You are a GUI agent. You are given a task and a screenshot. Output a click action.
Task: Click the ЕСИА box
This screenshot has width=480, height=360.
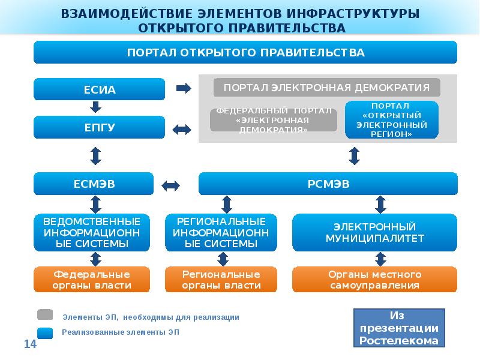[99, 89]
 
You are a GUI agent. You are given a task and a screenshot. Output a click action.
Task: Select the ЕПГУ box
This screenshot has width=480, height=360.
[99, 128]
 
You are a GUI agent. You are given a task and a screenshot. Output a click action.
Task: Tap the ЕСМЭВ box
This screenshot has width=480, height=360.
[94, 184]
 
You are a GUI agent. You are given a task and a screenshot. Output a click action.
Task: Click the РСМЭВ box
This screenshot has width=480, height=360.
[328, 184]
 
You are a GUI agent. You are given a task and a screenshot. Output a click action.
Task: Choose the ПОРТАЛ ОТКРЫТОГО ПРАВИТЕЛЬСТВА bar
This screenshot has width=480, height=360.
[245, 53]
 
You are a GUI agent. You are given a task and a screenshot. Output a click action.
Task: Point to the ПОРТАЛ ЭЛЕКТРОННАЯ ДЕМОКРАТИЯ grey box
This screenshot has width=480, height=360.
[327, 88]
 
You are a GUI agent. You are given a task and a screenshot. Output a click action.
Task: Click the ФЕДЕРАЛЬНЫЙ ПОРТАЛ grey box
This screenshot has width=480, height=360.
[273, 120]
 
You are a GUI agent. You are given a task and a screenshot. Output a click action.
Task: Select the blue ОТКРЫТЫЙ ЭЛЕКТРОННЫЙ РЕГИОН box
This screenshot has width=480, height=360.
[392, 120]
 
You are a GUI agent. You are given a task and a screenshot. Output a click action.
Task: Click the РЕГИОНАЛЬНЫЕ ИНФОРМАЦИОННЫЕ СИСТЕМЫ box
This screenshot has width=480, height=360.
[221, 233]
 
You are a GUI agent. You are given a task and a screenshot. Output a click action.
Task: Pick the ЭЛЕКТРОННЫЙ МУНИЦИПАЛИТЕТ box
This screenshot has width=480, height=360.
[375, 233]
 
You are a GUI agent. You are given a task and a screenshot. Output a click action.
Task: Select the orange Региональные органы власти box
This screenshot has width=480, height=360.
[221, 280]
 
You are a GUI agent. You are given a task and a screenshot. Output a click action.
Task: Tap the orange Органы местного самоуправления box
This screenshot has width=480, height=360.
[375, 280]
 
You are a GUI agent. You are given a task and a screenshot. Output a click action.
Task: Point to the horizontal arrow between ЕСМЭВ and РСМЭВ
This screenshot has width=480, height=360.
[171, 185]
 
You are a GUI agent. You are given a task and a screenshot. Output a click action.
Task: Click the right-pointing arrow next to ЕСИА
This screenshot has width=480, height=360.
[183, 89]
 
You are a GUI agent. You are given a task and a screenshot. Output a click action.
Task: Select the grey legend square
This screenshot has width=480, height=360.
[45, 315]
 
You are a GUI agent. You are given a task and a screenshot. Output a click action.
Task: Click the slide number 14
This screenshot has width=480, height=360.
[30, 344]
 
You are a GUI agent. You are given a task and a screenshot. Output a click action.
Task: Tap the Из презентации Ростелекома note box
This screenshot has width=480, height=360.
[399, 329]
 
